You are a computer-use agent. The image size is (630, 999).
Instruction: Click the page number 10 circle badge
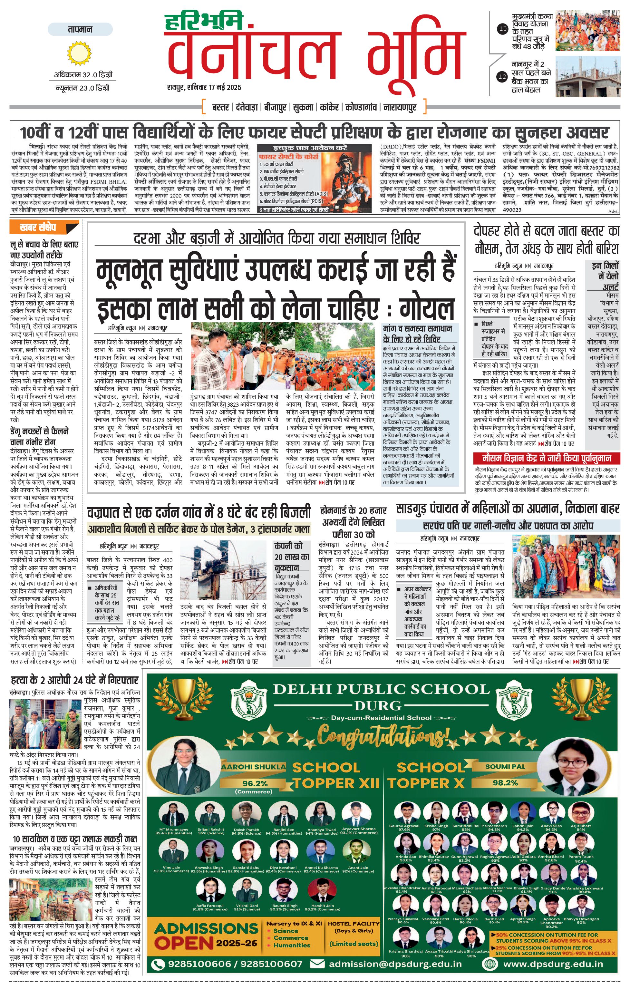tap(503, 29)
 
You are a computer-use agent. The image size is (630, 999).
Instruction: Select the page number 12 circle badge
tap(502, 76)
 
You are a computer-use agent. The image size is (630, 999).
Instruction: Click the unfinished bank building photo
tap(588, 77)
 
